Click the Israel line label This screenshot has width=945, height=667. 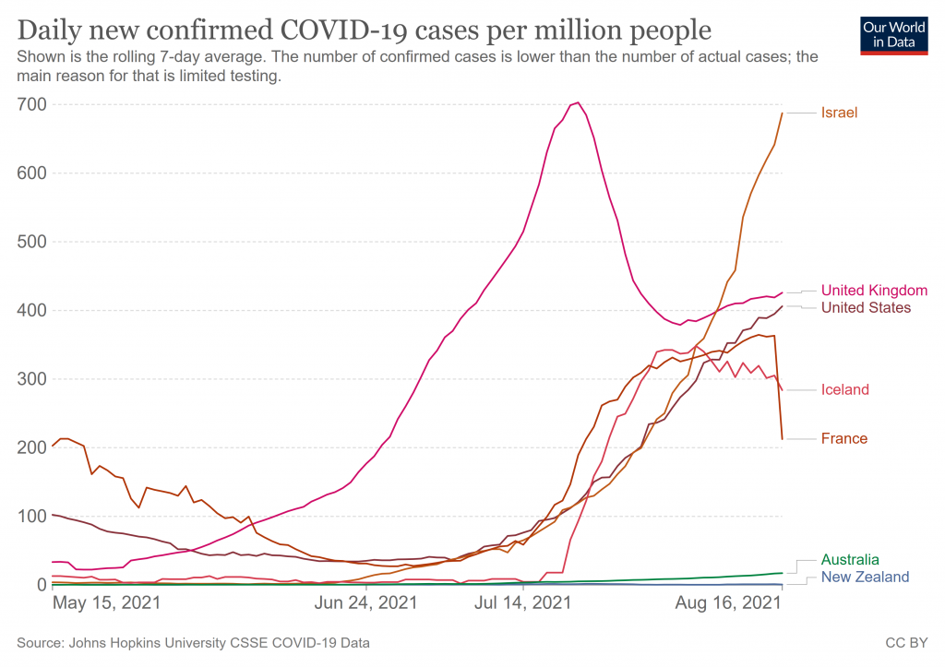click(839, 113)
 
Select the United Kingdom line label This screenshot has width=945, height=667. click(874, 290)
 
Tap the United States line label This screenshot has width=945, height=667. click(866, 307)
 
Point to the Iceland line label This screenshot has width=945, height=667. click(844, 389)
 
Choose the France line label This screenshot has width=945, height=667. click(843, 438)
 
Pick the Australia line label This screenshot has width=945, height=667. click(850, 560)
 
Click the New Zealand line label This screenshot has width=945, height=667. click(865, 577)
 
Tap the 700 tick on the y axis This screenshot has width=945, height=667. click(30, 104)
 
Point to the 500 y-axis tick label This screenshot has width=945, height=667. click(30, 242)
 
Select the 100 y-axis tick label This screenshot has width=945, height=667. click(30, 516)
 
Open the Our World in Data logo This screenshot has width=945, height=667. click(893, 34)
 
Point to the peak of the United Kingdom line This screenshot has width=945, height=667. click(577, 102)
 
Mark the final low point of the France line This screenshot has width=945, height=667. click(782, 438)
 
